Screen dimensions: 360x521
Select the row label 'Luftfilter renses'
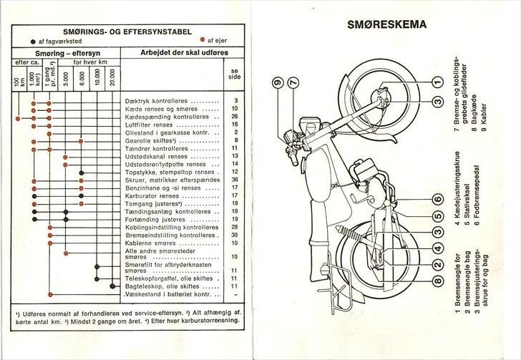166,125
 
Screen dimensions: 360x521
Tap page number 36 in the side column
235,180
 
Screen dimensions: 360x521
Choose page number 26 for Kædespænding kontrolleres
235,117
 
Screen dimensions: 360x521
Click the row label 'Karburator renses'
166,195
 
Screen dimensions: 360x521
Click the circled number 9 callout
277,83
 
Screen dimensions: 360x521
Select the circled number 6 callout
436,200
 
